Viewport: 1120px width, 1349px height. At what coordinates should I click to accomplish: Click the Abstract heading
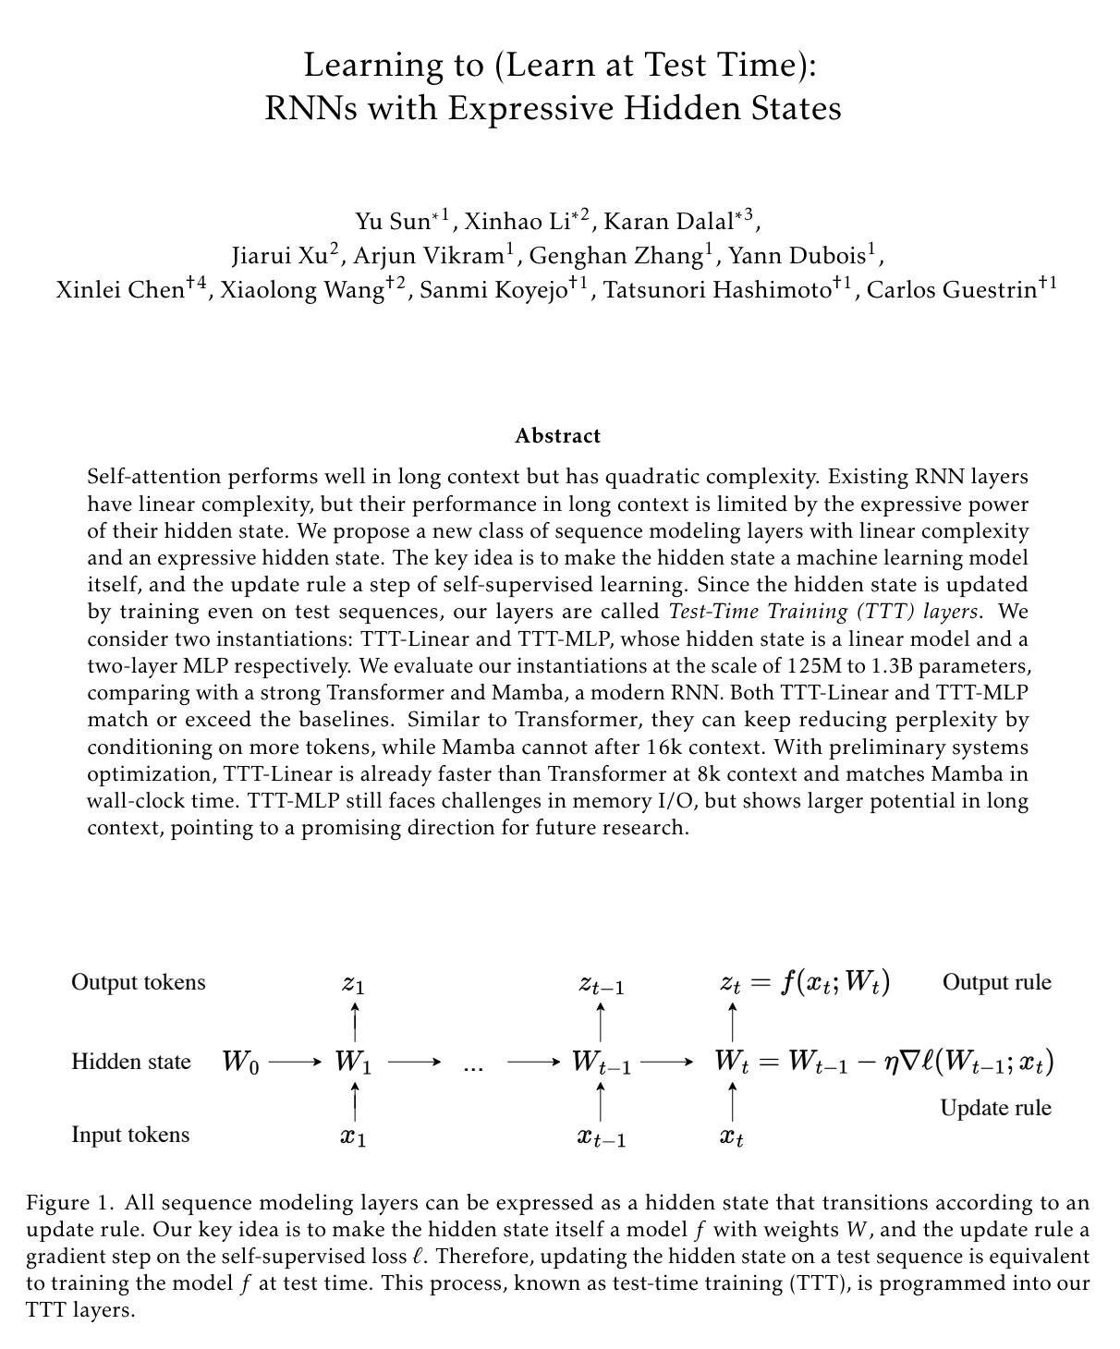pos(557,435)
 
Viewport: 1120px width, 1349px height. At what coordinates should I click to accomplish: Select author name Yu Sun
pos(393,222)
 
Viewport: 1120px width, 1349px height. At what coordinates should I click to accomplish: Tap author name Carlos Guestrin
pos(951,290)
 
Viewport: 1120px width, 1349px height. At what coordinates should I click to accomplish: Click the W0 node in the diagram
pos(240,1063)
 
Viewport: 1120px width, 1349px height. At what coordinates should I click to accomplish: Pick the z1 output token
pos(353,983)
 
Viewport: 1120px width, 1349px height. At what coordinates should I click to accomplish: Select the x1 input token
pos(353,1136)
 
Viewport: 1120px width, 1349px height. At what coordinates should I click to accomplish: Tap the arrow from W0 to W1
pos(294,1063)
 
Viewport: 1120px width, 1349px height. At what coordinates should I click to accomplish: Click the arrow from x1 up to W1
pos(356,1101)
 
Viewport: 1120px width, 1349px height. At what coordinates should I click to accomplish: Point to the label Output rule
pos(996,981)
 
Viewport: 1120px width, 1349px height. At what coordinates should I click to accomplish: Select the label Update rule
pos(995,1107)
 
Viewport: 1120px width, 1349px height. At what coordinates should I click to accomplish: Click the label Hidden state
pos(131,1062)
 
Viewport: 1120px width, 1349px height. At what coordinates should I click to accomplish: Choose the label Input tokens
pos(130,1135)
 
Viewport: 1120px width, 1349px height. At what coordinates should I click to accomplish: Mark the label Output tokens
pos(139,981)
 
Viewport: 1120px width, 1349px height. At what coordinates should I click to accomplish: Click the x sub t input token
pos(732,1136)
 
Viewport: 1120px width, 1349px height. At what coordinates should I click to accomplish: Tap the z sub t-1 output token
pos(602,984)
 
